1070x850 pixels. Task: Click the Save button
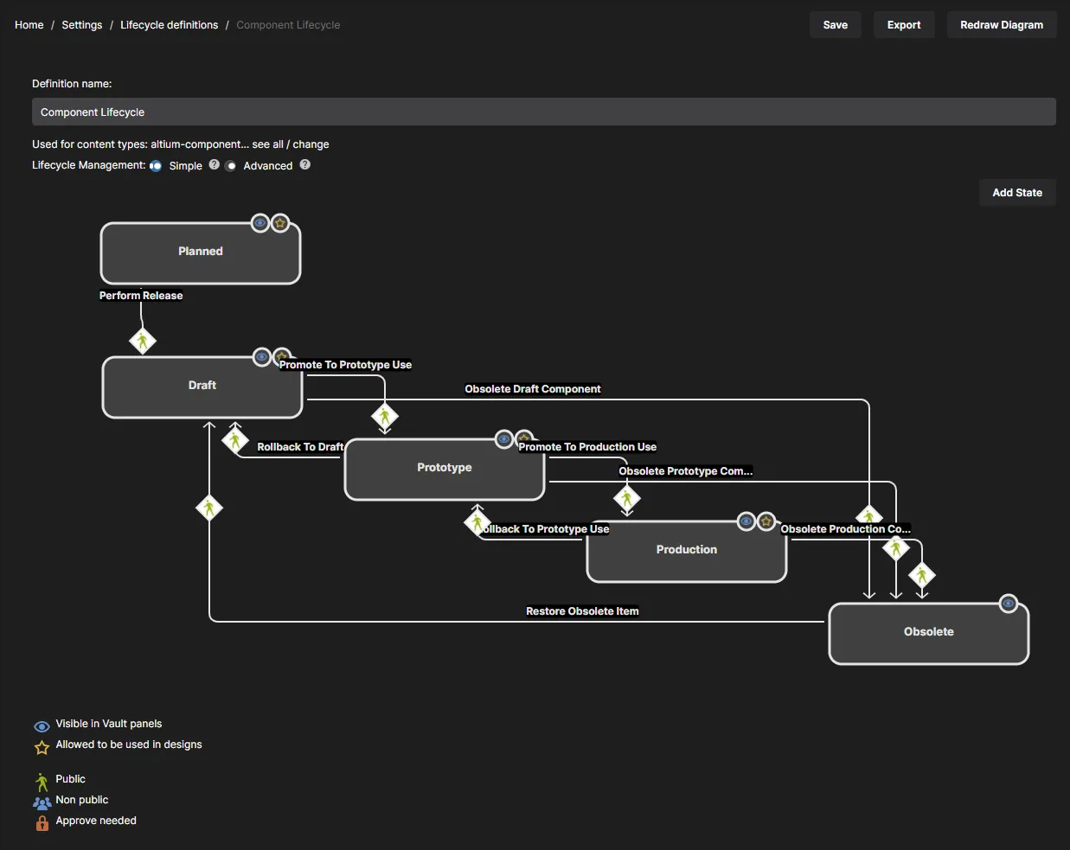[835, 25]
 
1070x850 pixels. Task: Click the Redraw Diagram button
[1002, 25]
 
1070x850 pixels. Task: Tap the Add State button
[1017, 192]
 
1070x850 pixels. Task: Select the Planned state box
[201, 253]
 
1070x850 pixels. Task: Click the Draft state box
[202, 387]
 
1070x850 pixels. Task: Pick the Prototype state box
[444, 469]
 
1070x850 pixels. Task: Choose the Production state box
[686, 551]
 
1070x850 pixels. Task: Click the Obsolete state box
[928, 633]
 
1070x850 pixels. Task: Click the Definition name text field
[544, 112]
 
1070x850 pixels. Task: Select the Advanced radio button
[231, 166]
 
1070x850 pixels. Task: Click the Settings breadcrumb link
[81, 25]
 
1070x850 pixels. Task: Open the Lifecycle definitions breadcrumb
[169, 25]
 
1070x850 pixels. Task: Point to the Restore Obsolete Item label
[582, 610]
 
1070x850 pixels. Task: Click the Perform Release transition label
[141, 295]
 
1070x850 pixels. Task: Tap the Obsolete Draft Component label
[533, 389]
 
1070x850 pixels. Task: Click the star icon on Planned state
[280, 223]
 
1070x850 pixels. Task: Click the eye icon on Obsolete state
[1008, 604]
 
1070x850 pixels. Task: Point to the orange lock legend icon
[42, 822]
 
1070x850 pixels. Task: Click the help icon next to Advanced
[304, 164]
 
